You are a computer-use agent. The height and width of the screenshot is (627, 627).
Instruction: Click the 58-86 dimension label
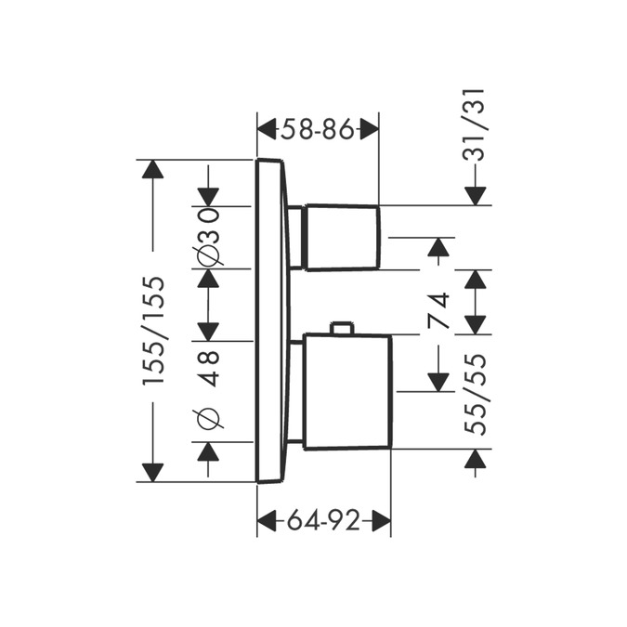point(317,130)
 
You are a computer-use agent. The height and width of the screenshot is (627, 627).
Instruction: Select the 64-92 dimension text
point(323,521)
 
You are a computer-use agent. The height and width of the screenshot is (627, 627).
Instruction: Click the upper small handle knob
point(342,237)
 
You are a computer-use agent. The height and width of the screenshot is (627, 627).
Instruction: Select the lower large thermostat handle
point(346,391)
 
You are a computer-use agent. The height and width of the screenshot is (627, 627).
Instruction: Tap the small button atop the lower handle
point(342,328)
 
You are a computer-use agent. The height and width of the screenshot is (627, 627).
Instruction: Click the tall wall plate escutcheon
point(269,320)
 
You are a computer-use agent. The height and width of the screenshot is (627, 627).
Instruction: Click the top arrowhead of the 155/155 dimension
point(151,170)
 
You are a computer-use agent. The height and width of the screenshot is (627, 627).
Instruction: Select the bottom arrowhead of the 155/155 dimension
point(151,471)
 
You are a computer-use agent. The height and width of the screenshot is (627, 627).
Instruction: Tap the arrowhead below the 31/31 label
point(477,195)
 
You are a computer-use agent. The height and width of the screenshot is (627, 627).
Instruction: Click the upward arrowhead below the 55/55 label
point(477,459)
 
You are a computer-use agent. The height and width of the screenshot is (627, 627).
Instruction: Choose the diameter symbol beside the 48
point(209,418)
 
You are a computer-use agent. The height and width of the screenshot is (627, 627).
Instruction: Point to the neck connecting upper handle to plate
point(296,238)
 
